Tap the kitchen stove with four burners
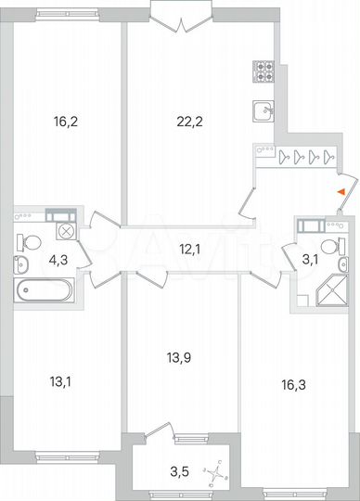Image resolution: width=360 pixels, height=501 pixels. point(263,71)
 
